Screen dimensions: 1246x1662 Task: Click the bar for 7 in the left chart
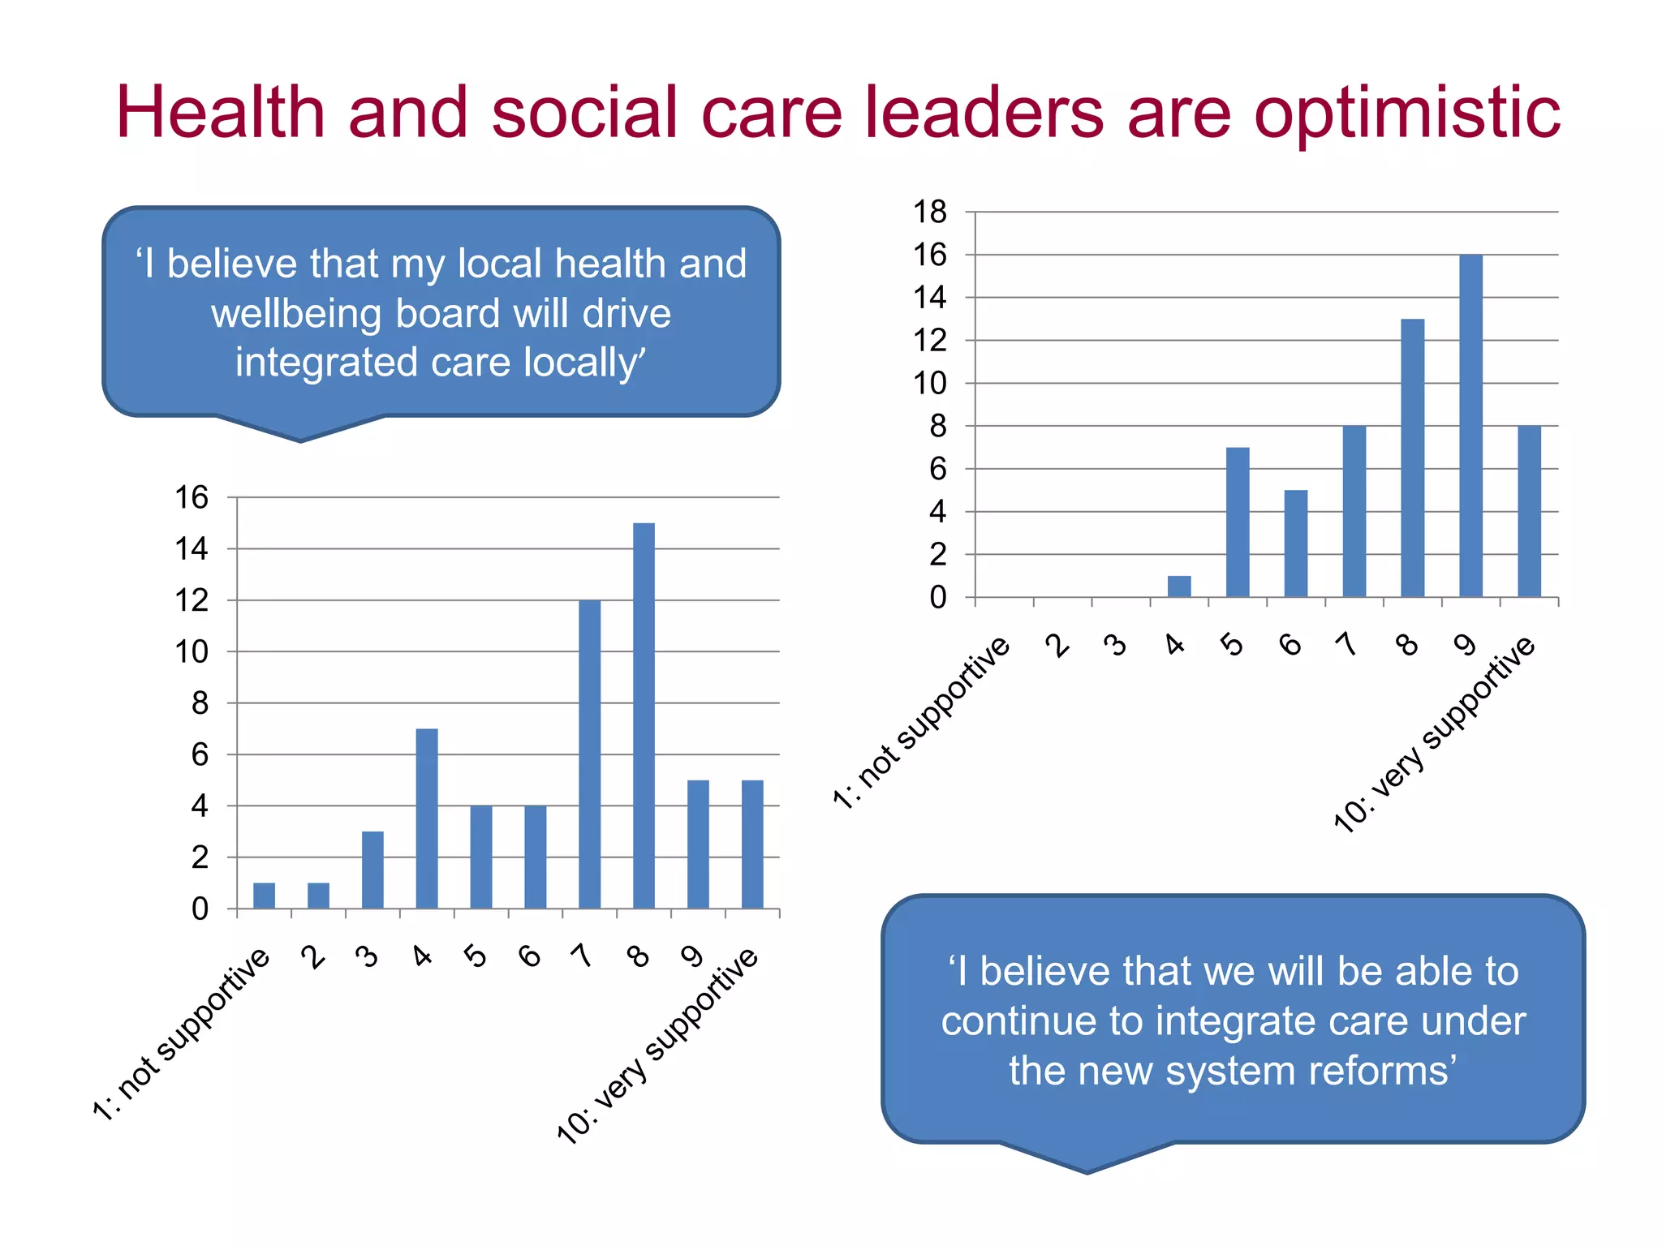tap(590, 754)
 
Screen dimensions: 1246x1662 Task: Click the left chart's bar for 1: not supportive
tap(264, 896)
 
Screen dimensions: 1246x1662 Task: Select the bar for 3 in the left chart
tap(372, 870)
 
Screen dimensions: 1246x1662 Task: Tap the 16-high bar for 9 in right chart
tap(1470, 426)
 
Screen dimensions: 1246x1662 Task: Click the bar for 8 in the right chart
tap(1412, 458)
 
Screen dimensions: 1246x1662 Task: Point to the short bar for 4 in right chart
tap(1179, 586)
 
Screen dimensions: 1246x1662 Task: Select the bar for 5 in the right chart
tap(1238, 522)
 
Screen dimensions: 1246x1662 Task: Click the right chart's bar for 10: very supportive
tap(1529, 511)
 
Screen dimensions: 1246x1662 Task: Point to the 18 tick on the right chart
tap(930, 212)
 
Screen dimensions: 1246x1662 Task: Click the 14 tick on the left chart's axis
tap(192, 549)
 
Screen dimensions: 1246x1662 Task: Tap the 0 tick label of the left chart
tap(200, 909)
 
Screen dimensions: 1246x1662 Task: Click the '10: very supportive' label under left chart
tap(657, 1046)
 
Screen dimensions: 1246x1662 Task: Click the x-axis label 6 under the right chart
tap(1290, 645)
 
